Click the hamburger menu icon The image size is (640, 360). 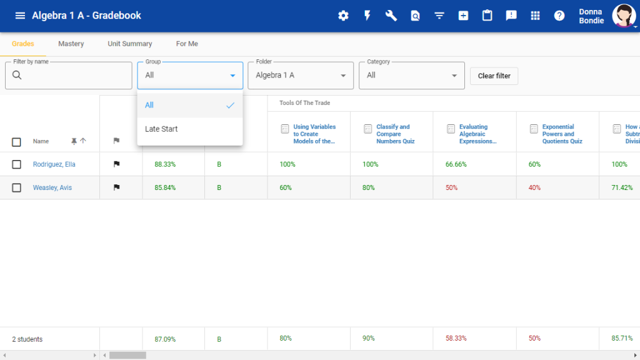click(20, 16)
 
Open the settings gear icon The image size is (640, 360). click(343, 16)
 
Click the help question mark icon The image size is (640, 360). click(559, 16)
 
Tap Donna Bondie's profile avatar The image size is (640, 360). click(623, 16)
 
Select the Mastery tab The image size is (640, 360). click(71, 44)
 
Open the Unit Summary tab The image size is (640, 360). click(130, 44)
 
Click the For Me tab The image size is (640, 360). click(187, 44)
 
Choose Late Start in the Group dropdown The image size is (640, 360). click(161, 129)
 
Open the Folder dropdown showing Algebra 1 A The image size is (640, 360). click(301, 76)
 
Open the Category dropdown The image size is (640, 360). click(412, 76)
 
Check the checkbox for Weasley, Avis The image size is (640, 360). click(17, 187)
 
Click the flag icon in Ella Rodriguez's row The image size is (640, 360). click(116, 164)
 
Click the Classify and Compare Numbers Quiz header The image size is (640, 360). click(392, 134)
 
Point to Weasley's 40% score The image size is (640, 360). click(534, 187)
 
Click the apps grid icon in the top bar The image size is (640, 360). click(535, 16)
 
